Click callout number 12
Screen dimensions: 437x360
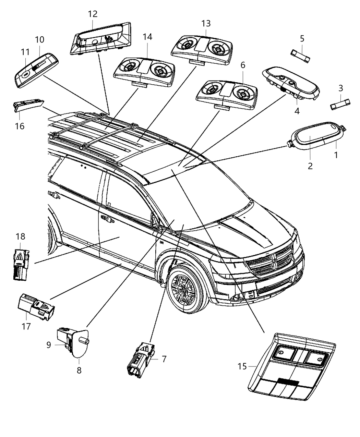click(x=93, y=14)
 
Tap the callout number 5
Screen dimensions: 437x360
click(x=302, y=38)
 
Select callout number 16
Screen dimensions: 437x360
click(x=20, y=126)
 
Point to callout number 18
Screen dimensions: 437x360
click(x=20, y=236)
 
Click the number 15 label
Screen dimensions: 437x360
click(x=242, y=366)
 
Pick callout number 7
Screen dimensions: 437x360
click(x=164, y=359)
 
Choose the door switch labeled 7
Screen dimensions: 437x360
click(x=141, y=360)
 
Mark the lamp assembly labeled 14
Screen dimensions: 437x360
click(x=144, y=69)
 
